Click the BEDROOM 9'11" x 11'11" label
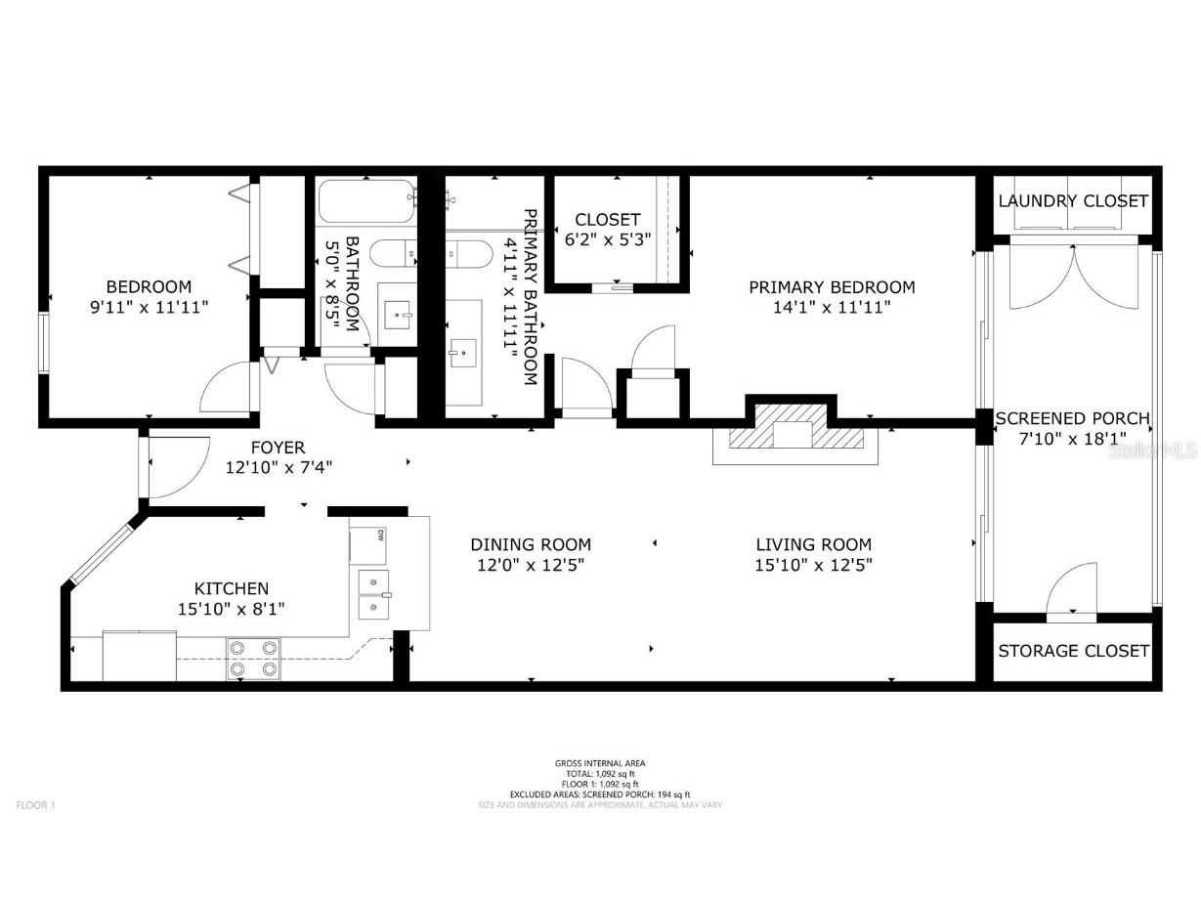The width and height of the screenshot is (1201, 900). tap(149, 296)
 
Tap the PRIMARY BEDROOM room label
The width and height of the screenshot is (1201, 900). tap(832, 296)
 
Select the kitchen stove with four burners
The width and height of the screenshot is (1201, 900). tap(253, 658)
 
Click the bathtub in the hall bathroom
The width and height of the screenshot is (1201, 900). tap(366, 201)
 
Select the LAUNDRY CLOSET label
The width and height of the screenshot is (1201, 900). tap(1073, 201)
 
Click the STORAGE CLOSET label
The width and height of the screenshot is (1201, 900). tap(1073, 651)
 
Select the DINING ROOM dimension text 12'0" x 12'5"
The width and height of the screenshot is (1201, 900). tap(531, 564)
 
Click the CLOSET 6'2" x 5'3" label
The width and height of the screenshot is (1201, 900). tap(608, 230)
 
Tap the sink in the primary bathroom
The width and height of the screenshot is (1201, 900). tap(462, 348)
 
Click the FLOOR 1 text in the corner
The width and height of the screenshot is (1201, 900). tap(36, 805)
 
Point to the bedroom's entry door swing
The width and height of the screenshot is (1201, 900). tap(225, 389)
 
